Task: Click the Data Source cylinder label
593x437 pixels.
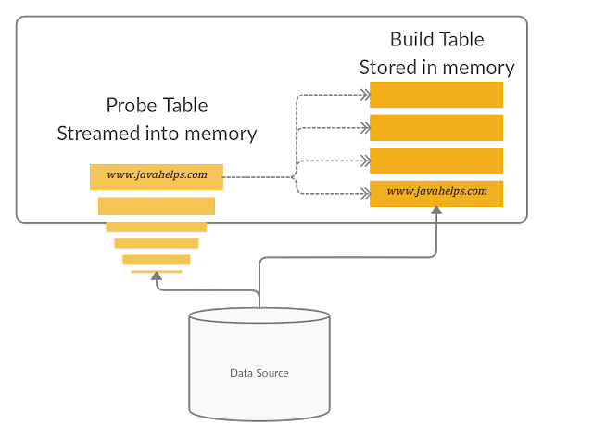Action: [259, 373]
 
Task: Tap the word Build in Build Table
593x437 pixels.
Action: [412, 39]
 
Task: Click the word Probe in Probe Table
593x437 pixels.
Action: [131, 105]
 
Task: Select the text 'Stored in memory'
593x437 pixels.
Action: [436, 67]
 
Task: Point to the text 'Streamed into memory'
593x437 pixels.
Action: [157, 133]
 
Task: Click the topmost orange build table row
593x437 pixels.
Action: [435, 95]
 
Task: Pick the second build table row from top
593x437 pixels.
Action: [435, 127]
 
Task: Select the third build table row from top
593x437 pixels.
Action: [435, 161]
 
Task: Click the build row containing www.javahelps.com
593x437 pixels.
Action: [435, 193]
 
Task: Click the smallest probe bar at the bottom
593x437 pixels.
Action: [156, 272]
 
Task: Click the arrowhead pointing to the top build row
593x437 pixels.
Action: [364, 95]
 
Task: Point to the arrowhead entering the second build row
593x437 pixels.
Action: [364, 127]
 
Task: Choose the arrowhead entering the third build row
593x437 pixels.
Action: [364, 161]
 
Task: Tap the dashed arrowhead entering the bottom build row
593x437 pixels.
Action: [364, 193]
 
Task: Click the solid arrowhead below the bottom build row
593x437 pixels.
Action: [435, 212]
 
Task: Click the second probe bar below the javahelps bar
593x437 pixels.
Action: [156, 226]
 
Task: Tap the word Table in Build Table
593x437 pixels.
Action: [461, 39]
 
